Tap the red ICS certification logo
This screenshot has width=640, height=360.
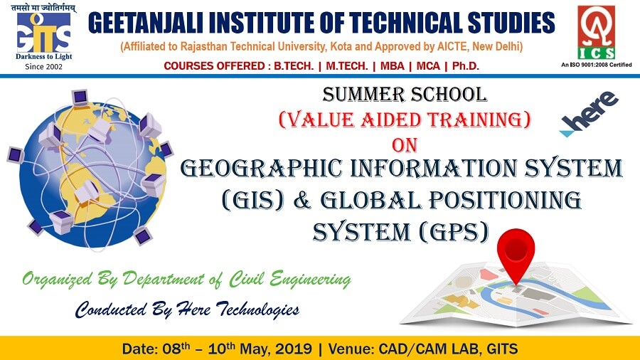click(x=597, y=32)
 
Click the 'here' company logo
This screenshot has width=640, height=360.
click(x=590, y=114)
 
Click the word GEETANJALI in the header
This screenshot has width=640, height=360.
click(x=146, y=23)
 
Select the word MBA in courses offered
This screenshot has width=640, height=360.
click(x=392, y=66)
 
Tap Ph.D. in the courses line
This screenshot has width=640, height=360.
click(x=466, y=66)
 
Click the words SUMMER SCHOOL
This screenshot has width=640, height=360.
click(x=405, y=95)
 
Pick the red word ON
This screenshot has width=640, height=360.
click(x=405, y=145)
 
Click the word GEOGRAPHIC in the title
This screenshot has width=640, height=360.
click(x=261, y=168)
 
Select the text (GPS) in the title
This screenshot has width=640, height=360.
click(x=453, y=232)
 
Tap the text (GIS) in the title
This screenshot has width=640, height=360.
click(x=252, y=200)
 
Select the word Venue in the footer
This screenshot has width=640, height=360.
click(x=351, y=349)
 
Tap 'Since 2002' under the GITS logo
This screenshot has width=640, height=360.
click(x=43, y=67)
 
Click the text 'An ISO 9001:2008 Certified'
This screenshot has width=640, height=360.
click(x=597, y=65)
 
